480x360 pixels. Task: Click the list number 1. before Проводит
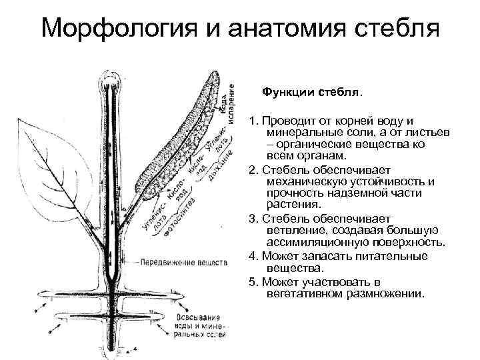click(x=253, y=121)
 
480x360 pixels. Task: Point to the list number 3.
click(x=253, y=219)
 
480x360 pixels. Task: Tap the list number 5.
click(x=253, y=281)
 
